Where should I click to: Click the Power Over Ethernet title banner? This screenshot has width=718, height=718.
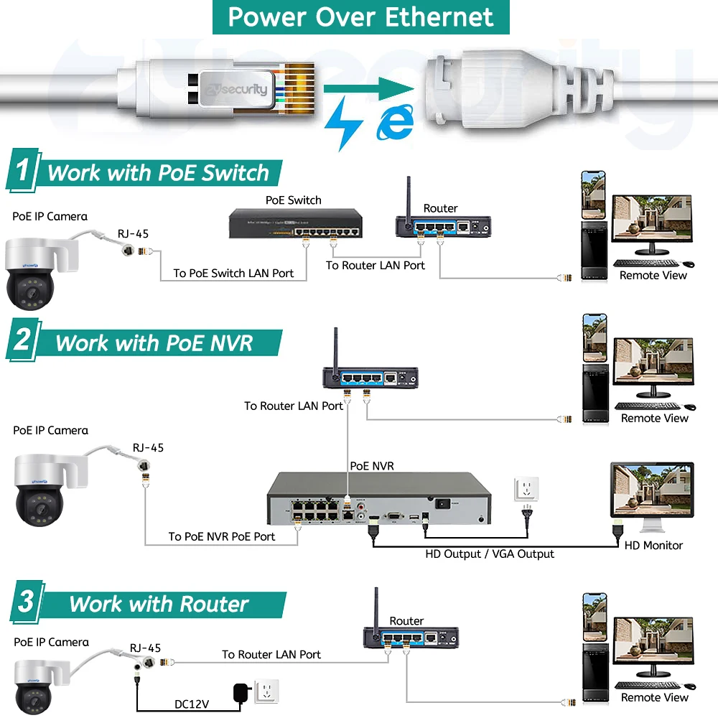(x=360, y=17)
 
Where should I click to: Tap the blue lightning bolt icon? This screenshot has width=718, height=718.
(x=342, y=124)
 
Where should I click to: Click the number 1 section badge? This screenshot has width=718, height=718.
(x=23, y=172)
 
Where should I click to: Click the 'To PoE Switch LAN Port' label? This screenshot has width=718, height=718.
(x=233, y=274)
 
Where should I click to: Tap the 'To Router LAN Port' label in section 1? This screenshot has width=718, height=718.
(x=375, y=266)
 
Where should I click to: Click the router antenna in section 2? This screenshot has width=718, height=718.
(x=335, y=348)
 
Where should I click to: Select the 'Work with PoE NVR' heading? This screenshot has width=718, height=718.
(x=154, y=342)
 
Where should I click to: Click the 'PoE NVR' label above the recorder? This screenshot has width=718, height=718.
(x=371, y=466)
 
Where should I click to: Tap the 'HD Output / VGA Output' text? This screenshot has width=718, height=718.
(x=490, y=554)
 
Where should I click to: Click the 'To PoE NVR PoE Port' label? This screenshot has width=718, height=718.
(x=222, y=536)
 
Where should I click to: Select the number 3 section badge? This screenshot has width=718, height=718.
(x=26, y=602)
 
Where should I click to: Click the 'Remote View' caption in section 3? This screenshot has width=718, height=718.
(x=654, y=697)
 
